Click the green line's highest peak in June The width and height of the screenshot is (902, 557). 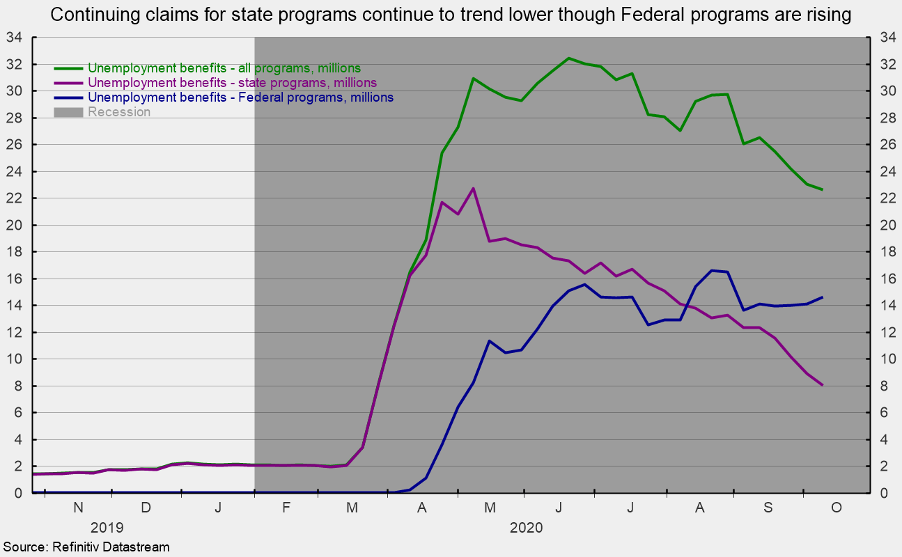pyautogui.click(x=568, y=58)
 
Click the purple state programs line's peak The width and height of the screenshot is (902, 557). pyautogui.click(x=474, y=189)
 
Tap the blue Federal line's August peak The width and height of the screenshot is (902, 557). pyautogui.click(x=712, y=270)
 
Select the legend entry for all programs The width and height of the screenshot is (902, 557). pyautogui.click(x=208, y=68)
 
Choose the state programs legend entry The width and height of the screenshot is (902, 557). pyautogui.click(x=216, y=82)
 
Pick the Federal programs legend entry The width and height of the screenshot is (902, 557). pyautogui.click(x=224, y=97)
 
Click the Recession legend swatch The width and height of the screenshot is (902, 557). pyautogui.click(x=68, y=112)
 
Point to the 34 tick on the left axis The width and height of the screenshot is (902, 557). pyautogui.click(x=13, y=38)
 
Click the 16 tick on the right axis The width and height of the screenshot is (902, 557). pyautogui.click(x=888, y=279)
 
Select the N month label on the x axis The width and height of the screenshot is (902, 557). pyautogui.click(x=79, y=508)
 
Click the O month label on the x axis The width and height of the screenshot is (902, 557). pyautogui.click(x=837, y=508)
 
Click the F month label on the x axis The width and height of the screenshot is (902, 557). pyautogui.click(x=286, y=508)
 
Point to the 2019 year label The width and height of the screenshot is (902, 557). pyautogui.click(x=107, y=528)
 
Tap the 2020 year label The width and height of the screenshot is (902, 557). pyautogui.click(x=527, y=528)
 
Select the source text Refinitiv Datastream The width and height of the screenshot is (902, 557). pyautogui.click(x=111, y=547)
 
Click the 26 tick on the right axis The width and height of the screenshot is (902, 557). pyautogui.click(x=888, y=145)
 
